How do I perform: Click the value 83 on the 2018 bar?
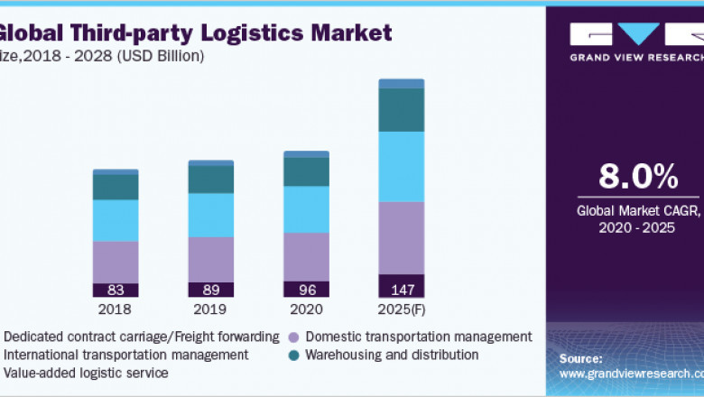[116, 290]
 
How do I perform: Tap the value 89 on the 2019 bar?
[210, 290]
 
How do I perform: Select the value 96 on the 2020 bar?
[306, 290]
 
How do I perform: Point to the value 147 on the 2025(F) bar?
[401, 290]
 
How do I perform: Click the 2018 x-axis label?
[116, 309]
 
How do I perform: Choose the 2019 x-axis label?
[210, 309]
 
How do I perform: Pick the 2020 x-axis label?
[306, 309]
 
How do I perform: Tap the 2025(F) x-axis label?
[402, 309]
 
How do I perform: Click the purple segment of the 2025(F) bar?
[401, 237]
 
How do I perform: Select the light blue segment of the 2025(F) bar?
[401, 167]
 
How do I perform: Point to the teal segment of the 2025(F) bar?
[401, 109]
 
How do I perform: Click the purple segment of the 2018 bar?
[116, 262]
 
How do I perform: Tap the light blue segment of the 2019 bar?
[210, 215]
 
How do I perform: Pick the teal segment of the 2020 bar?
[306, 171]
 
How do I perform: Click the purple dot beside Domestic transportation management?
[293, 337]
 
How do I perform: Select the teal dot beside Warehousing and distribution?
[293, 355]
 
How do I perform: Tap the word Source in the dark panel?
[581, 359]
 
